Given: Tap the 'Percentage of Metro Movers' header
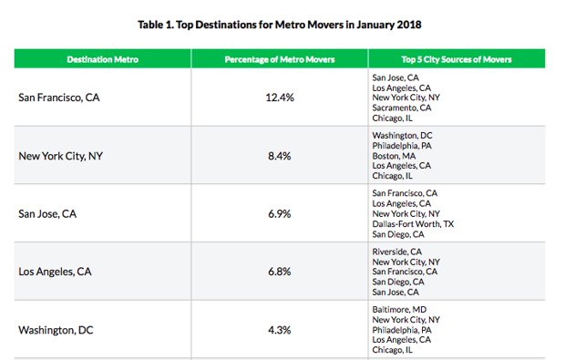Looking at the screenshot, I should (280, 59).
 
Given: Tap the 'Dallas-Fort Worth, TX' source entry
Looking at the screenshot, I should (419, 223).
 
